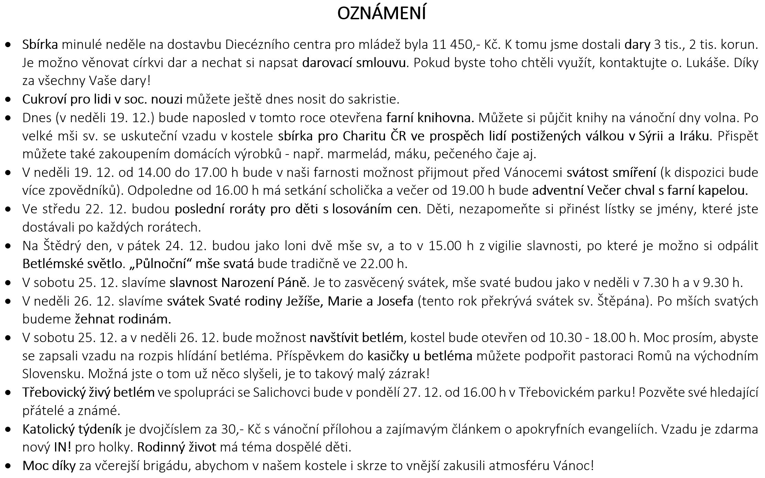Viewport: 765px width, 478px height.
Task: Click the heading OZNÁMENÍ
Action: click(x=381, y=14)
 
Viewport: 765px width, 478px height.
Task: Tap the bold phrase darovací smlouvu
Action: click(x=354, y=63)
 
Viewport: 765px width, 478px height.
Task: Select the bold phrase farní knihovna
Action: click(x=430, y=118)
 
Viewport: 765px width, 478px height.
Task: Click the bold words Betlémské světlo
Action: click(x=72, y=264)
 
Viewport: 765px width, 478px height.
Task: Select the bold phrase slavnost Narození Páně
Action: click(x=238, y=283)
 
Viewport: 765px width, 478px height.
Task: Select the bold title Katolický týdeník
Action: click(x=72, y=429)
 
